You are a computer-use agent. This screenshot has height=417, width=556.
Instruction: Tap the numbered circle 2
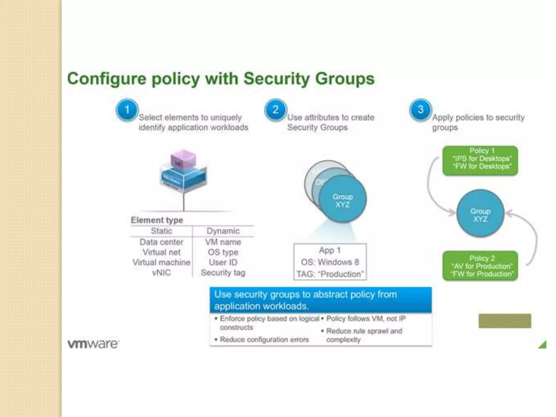coord(275,110)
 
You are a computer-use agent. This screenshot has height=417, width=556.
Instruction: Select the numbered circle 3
coord(421,110)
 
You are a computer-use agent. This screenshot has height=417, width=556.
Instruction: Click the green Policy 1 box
coord(480,160)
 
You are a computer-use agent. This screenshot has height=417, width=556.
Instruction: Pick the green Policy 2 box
coord(480,266)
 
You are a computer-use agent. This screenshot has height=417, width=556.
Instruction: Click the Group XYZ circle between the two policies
coord(480,213)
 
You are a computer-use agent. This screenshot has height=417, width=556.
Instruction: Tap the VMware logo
coord(93,344)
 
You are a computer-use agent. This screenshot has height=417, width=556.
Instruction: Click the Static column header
coord(162,231)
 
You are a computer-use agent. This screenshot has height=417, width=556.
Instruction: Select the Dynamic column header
coord(223,231)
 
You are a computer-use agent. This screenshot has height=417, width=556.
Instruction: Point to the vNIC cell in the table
coord(162,273)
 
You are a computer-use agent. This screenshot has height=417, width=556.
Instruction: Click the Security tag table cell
coord(223,273)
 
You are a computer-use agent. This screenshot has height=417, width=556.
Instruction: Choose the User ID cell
coord(223,263)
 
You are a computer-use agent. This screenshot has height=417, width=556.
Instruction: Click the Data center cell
coord(162,242)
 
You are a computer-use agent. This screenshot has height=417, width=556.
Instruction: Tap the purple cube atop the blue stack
coord(183,159)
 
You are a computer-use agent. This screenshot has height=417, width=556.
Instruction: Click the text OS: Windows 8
coord(330,262)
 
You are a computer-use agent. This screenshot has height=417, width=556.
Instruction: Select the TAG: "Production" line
coord(330,274)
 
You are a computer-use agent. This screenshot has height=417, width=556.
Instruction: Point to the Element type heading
coord(157,220)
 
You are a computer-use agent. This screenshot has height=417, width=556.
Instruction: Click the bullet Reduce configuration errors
coord(264,340)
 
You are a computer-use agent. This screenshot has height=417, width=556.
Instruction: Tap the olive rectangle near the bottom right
coord(505,321)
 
